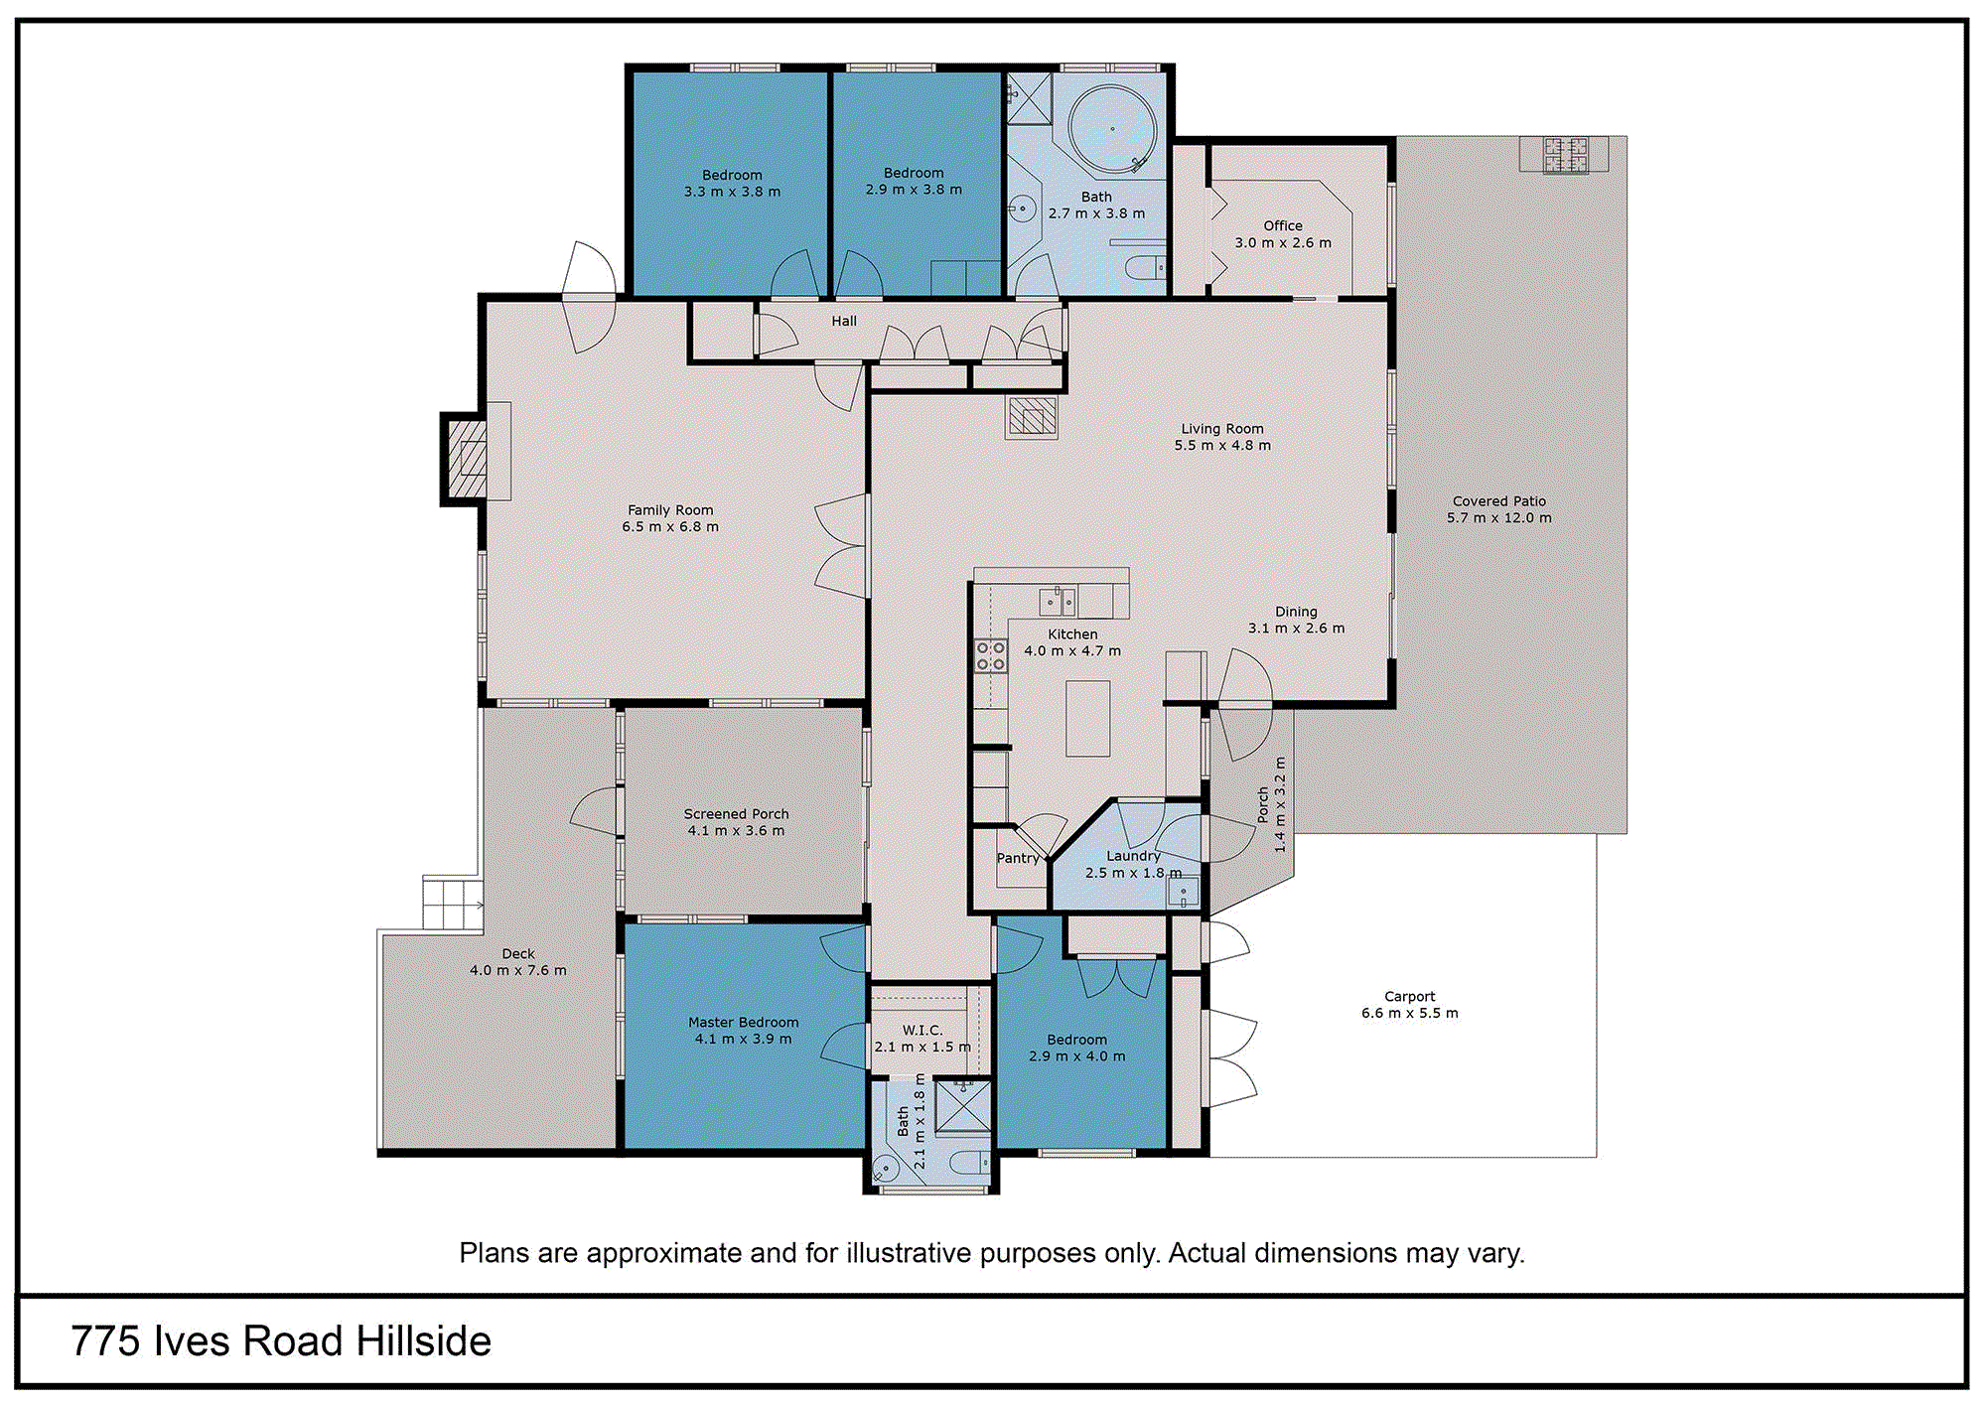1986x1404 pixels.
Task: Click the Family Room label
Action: coord(670,510)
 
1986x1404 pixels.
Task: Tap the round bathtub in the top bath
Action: coord(1112,129)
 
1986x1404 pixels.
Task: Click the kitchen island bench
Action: coord(1087,719)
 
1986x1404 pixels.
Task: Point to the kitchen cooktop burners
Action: coord(991,656)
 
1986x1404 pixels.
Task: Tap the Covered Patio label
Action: coord(1499,501)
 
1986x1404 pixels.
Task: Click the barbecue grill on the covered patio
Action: coord(1565,155)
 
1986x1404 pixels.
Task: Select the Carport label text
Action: coord(1410,996)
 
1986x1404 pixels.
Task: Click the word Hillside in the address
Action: coord(424,1341)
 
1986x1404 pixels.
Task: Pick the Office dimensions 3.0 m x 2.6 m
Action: coord(1283,242)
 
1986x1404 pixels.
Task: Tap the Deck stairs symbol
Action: coord(453,903)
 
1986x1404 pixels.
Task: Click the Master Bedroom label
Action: coord(744,1023)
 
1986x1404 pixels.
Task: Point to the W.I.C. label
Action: coord(922,1031)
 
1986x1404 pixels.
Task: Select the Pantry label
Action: coord(1018,858)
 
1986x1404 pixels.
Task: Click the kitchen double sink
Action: coord(1058,602)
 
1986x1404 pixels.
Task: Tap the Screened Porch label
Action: coord(737,814)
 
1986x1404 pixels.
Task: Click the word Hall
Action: coord(844,321)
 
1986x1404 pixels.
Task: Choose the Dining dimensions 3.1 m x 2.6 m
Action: coord(1297,629)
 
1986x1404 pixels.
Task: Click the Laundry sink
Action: coord(1184,893)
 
